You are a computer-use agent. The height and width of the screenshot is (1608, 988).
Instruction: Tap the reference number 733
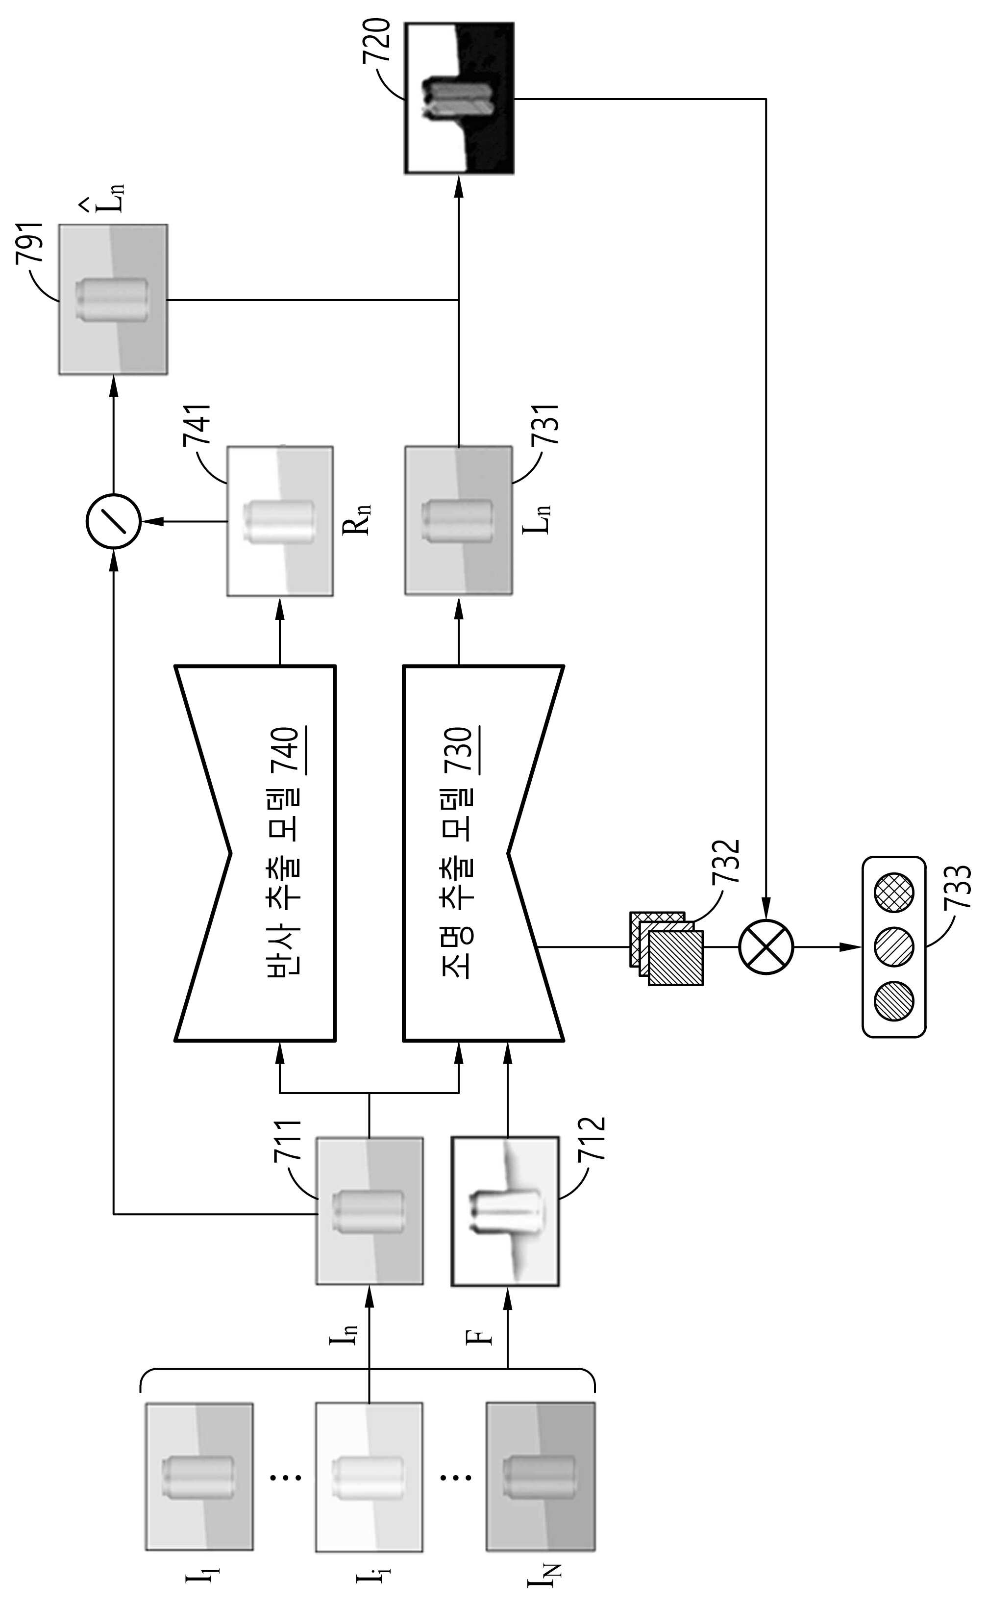tap(958, 887)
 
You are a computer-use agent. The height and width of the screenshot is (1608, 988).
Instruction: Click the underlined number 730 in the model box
tap(465, 749)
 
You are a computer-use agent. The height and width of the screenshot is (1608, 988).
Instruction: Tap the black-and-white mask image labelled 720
tap(459, 98)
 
